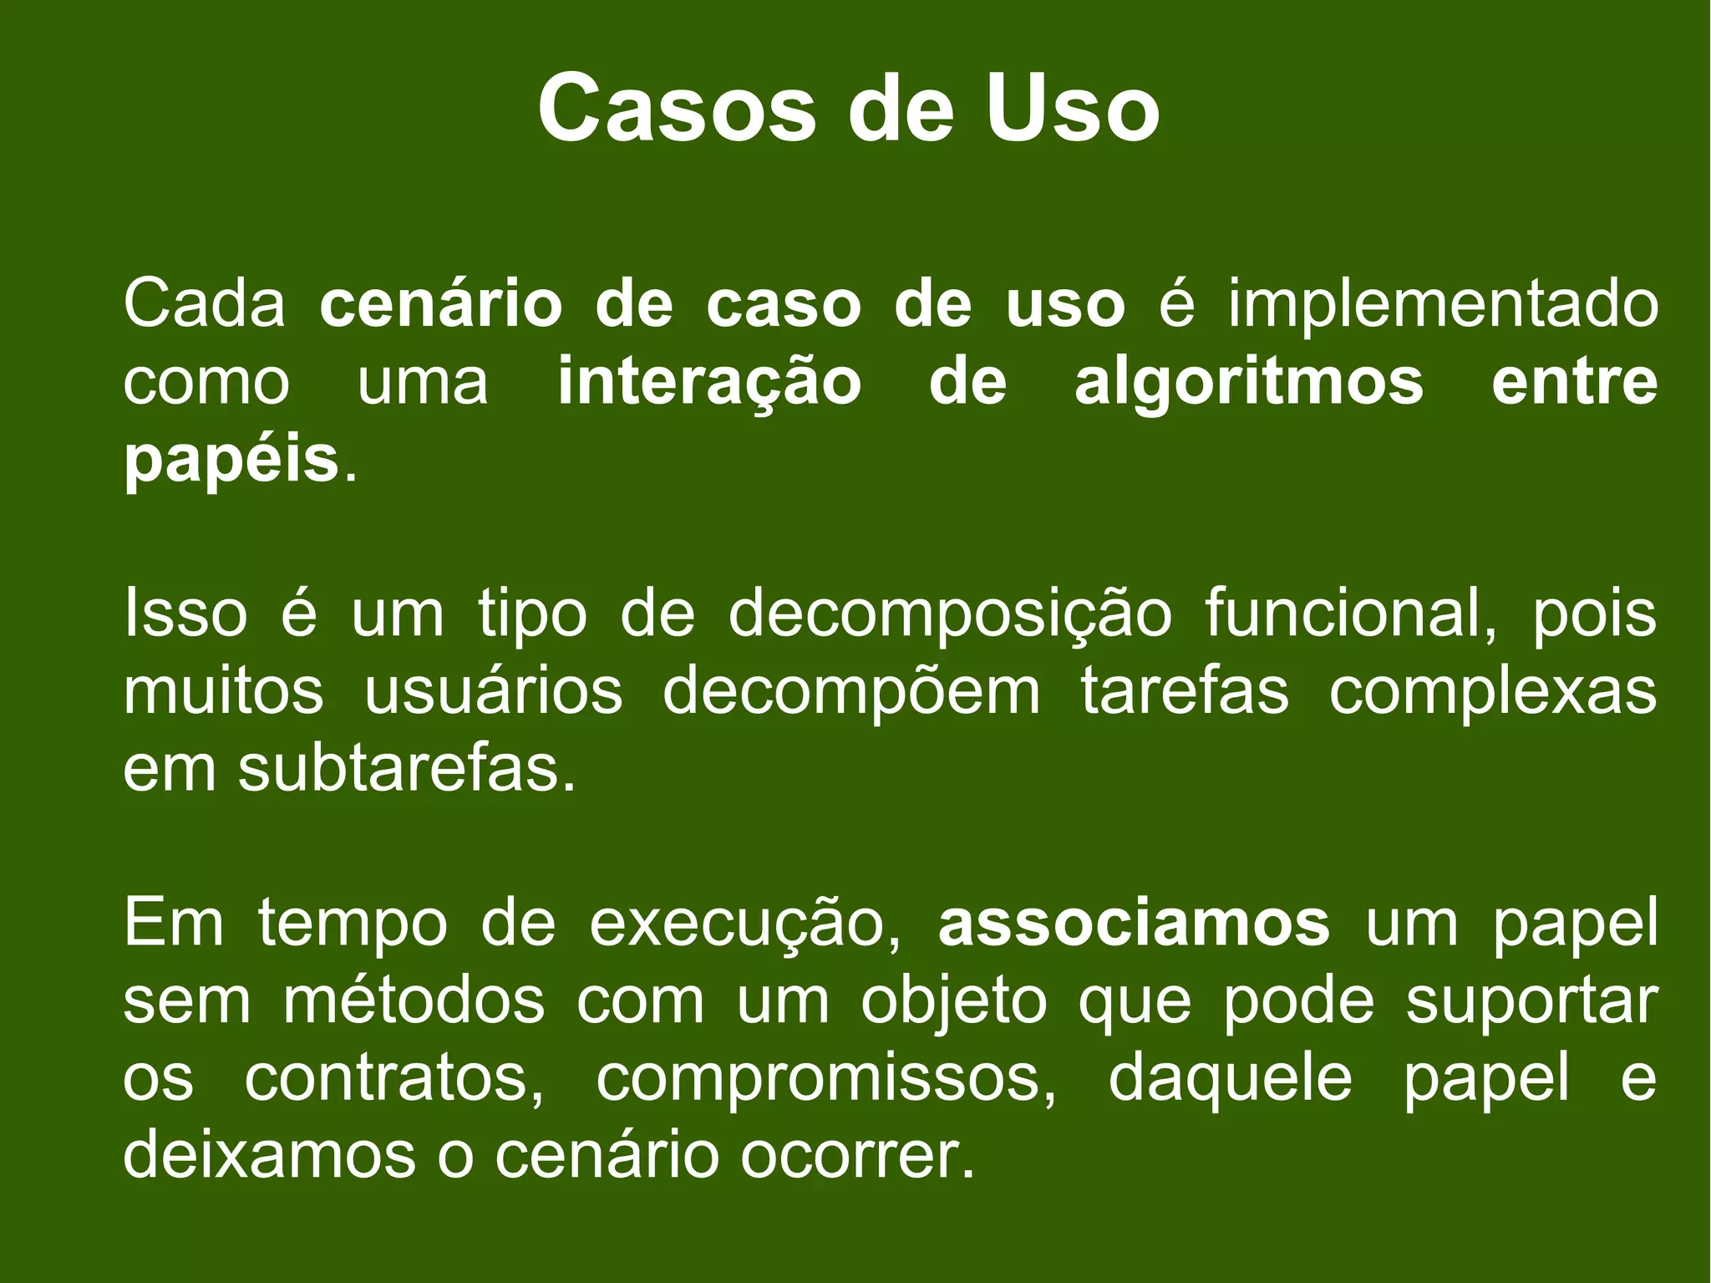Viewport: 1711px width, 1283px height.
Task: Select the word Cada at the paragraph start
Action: [205, 304]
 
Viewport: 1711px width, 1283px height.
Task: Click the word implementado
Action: [1442, 306]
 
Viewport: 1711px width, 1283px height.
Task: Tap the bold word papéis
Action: [231, 461]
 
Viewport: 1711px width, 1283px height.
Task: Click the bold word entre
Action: [1574, 383]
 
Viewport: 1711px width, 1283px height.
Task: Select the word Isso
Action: [185, 613]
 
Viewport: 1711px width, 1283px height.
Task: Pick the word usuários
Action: [494, 692]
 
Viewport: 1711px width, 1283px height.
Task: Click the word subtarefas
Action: [407, 769]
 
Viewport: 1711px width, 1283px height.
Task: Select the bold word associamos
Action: [1134, 923]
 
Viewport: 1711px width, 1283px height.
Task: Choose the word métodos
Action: [414, 1000]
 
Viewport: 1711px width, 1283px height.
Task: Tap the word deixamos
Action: [269, 1155]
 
